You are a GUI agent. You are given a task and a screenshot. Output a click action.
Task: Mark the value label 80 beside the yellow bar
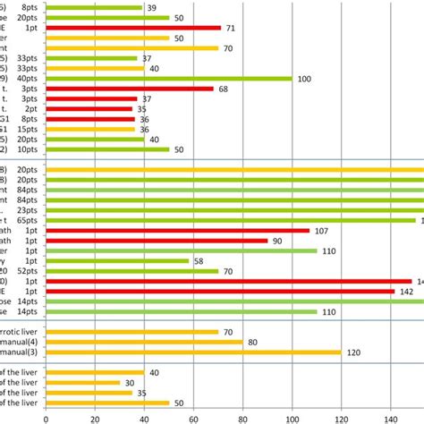(253, 342)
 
